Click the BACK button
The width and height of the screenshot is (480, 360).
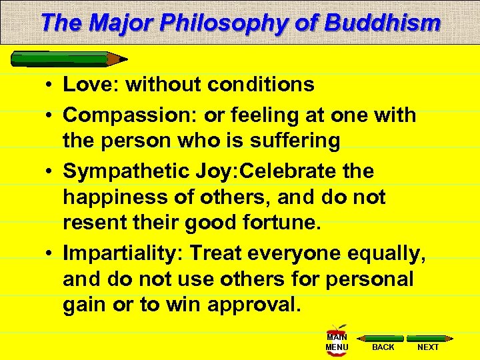383,341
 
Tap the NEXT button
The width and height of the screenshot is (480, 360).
427,341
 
